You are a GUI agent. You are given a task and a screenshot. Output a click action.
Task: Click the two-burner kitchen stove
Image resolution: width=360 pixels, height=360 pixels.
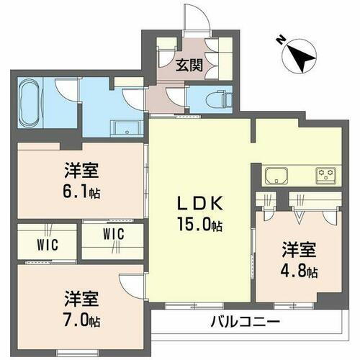tap(325, 174)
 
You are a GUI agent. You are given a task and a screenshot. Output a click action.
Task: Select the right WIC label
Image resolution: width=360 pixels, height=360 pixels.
tap(113, 234)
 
